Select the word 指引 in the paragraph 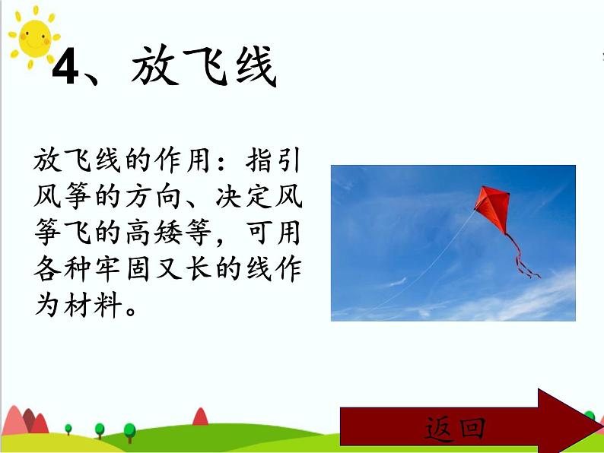click(x=277, y=162)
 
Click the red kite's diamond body click(x=491, y=206)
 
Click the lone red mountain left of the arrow click(x=200, y=417)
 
